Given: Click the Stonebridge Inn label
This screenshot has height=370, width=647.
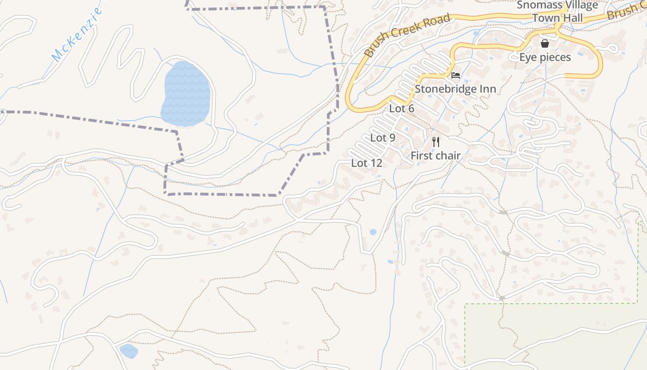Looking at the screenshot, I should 455,89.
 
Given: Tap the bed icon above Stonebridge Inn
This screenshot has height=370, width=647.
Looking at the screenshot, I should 456,75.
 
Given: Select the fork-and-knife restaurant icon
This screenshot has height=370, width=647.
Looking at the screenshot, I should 435,142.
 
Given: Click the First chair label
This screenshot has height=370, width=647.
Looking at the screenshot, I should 435,155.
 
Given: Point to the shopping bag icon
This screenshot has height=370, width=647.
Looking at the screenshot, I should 545,43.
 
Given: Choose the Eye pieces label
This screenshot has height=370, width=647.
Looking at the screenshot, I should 545,57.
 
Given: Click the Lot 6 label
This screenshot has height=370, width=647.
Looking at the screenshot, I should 402,109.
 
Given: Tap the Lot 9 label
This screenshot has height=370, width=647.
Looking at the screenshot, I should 383,138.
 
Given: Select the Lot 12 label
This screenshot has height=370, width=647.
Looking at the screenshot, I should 366,163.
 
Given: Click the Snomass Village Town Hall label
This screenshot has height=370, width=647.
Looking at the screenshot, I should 557,12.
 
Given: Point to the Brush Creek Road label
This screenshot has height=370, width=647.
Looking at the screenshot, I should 407,35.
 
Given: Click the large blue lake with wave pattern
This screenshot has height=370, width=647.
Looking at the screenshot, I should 186,93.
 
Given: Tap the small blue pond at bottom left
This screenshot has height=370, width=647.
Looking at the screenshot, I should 128,351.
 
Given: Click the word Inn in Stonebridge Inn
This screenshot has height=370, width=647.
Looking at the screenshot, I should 488,89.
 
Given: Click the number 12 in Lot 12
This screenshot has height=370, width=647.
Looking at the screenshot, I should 376,163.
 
